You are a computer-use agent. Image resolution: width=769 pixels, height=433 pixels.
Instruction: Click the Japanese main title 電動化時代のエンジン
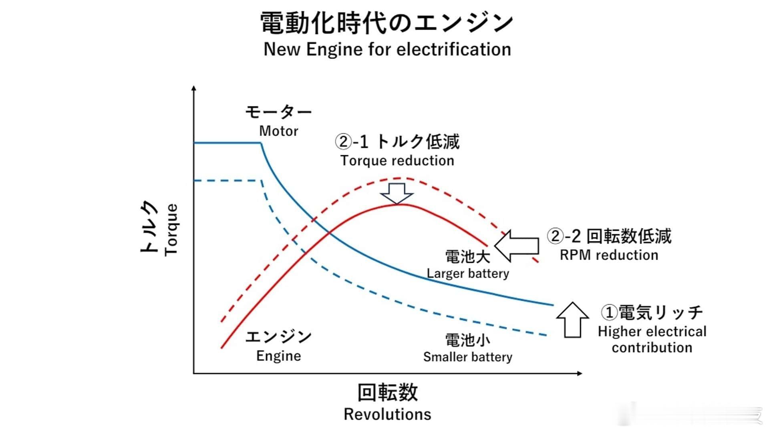[x=387, y=22]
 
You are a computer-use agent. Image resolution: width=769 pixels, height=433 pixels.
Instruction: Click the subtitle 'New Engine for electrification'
[x=387, y=50]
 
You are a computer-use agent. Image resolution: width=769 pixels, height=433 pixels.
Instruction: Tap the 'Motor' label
[x=279, y=131]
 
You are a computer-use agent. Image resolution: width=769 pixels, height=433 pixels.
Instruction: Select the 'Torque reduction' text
[x=397, y=161]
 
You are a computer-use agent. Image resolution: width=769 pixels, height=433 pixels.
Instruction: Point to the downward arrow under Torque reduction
[x=397, y=194]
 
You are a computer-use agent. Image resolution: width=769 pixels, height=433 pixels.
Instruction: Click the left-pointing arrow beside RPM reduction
[x=517, y=246]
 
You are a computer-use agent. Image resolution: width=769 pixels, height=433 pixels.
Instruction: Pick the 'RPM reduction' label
[x=609, y=255]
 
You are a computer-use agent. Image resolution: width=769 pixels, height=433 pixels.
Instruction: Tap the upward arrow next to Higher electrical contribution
[x=573, y=320]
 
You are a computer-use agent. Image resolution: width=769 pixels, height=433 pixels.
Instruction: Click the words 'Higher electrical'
[x=652, y=332]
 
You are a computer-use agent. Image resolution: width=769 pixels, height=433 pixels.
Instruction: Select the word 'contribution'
[x=652, y=348]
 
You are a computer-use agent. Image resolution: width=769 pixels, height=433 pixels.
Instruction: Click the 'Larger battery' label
[x=468, y=273]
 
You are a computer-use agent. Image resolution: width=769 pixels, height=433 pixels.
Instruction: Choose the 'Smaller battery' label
[x=468, y=357]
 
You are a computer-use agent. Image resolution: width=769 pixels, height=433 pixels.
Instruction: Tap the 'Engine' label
[x=279, y=356]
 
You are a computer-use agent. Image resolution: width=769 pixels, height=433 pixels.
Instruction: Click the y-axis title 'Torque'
[x=171, y=229]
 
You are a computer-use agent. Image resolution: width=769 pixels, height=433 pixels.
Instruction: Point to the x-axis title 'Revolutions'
[x=387, y=414]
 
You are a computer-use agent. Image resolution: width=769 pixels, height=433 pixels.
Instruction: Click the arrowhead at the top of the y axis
[x=194, y=88]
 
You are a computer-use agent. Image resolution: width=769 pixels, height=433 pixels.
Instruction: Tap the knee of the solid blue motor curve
[x=261, y=144]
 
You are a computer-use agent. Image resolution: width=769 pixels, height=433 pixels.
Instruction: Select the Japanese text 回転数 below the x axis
[x=387, y=393]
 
